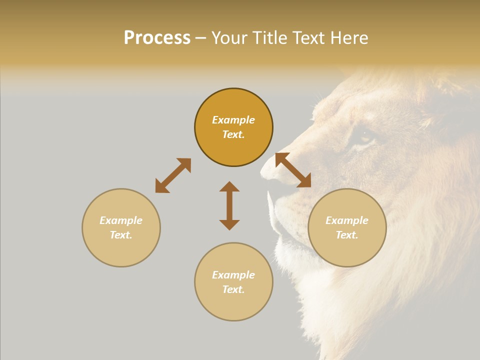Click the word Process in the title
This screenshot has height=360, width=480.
[x=157, y=37]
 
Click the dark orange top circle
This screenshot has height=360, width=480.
[x=233, y=127]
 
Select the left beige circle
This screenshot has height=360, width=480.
[x=121, y=227]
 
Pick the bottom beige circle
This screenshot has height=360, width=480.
[x=233, y=281]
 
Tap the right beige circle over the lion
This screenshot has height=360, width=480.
[x=347, y=227]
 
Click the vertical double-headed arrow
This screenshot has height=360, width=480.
[x=229, y=205]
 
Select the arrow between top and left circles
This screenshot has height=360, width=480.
[x=173, y=175]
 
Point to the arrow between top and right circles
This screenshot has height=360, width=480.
[x=293, y=170]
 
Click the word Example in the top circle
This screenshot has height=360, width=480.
[x=233, y=120]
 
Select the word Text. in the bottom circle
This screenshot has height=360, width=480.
[x=233, y=289]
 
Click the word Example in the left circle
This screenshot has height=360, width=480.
[x=121, y=220]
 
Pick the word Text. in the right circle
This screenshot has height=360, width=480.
[x=347, y=235]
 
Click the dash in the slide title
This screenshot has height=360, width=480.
[x=200, y=38]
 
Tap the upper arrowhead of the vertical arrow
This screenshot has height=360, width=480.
[x=229, y=186]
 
